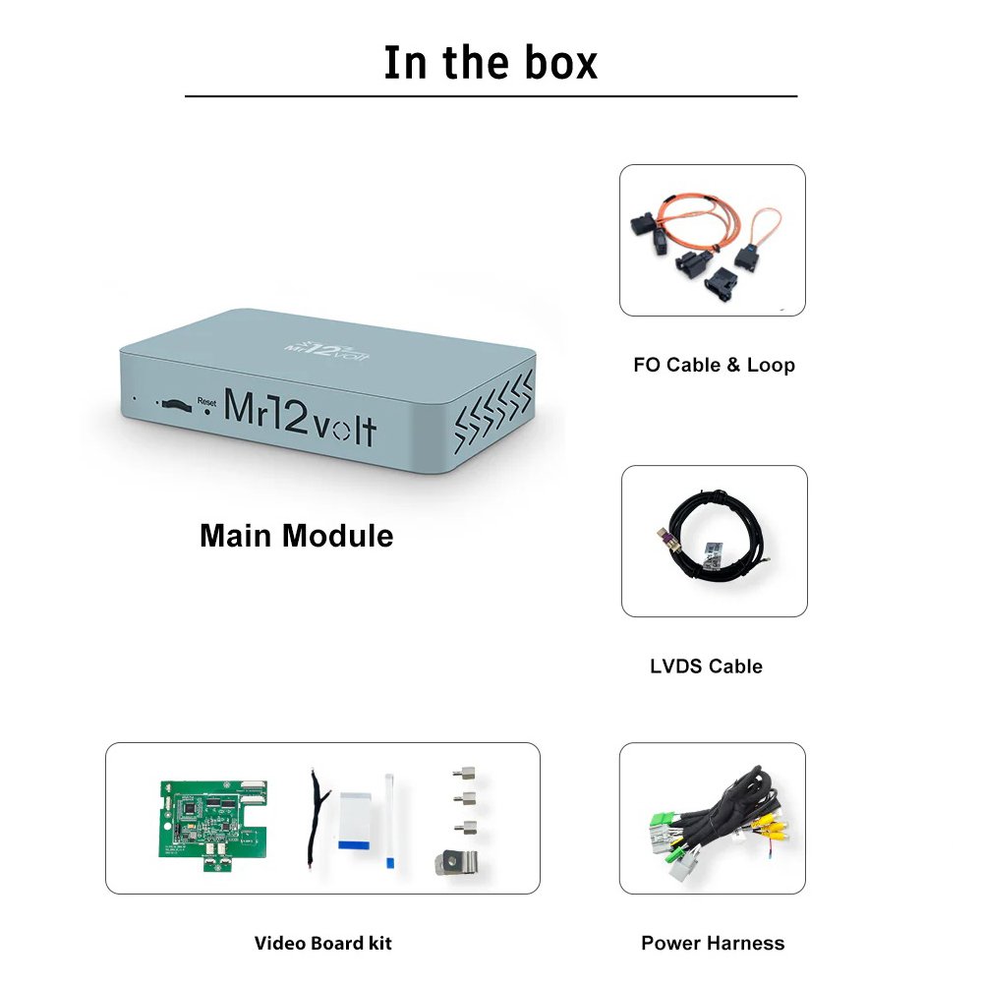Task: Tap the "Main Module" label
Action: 296,536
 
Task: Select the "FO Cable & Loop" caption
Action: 714,365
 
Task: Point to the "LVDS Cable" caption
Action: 706,666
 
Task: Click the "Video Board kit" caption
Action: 322,944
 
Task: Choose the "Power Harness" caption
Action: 713,944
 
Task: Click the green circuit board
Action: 210,817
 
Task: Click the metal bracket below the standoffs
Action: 456,863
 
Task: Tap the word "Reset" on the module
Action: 205,400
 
